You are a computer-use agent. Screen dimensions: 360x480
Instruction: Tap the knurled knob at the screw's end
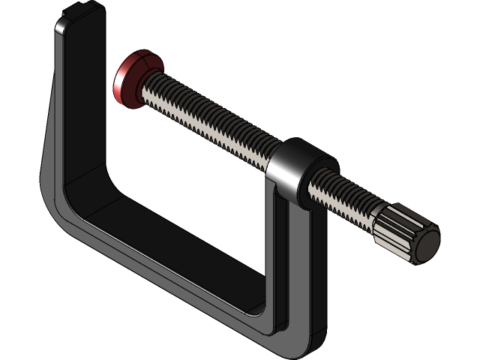[x=401, y=234]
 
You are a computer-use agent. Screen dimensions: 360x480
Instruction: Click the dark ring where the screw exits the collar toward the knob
[x=307, y=187]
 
